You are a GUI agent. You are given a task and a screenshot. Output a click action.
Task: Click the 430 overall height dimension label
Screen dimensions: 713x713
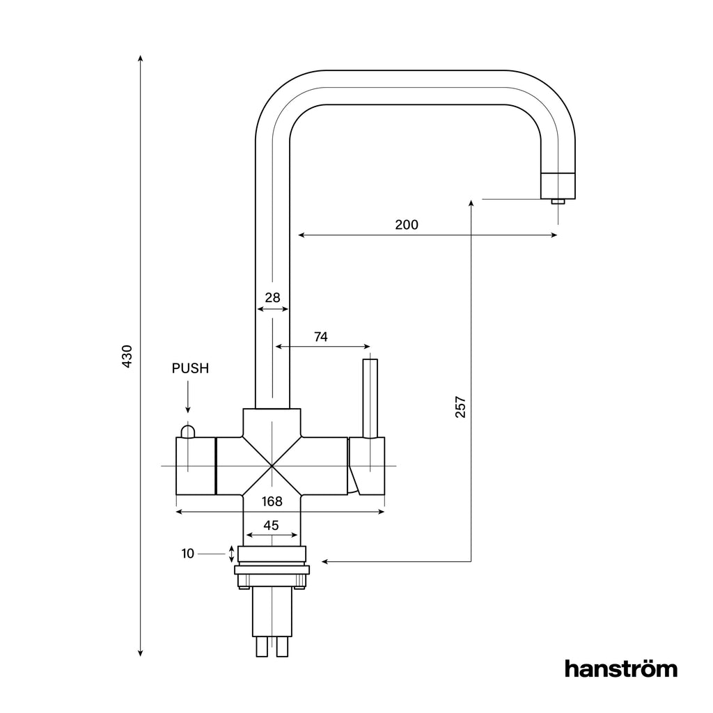tap(127, 356)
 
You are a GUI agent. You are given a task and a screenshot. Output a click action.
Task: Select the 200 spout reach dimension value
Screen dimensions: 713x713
tap(407, 224)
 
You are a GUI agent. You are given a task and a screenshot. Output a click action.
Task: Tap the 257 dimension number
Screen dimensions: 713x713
tap(460, 407)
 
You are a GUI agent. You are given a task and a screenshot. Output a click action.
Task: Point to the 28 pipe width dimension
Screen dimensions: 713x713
tap(272, 297)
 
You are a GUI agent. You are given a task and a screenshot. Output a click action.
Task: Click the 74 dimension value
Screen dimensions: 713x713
tap(320, 337)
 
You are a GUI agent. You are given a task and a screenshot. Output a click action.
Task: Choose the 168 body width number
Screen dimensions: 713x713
tap(272, 501)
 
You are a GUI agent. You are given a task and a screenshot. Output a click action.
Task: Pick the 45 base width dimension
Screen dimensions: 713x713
tap(272, 526)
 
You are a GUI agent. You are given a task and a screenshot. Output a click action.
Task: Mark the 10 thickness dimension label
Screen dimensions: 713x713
tap(187, 554)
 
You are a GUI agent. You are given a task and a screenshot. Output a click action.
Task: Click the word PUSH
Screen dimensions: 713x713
tap(190, 368)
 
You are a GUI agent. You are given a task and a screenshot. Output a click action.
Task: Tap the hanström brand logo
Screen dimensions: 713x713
tap(620, 668)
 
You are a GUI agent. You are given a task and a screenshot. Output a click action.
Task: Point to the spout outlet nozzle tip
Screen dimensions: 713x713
tap(558, 202)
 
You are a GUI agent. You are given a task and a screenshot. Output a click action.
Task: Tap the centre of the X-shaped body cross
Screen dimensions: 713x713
tap(272, 465)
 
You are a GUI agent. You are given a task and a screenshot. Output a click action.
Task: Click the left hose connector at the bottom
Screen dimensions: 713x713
tap(262, 648)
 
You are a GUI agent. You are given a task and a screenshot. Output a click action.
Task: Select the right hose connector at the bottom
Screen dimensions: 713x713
tap(282, 648)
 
